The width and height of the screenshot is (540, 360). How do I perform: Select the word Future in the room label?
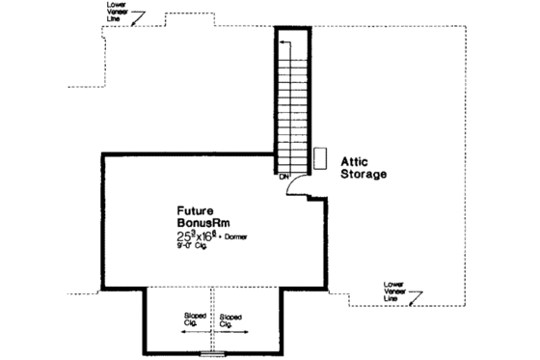point(196,209)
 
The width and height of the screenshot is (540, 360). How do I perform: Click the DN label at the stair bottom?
point(285,177)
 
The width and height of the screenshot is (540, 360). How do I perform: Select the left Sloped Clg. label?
point(195,318)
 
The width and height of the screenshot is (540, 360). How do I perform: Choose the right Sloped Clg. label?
point(230,318)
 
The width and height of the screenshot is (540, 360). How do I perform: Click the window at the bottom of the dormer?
point(211,353)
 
